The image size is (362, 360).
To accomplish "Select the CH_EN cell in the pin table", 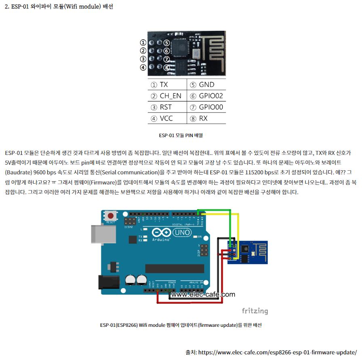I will point(167,96).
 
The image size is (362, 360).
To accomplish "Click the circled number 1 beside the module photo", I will point(143,42).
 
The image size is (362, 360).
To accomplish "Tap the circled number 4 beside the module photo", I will point(143,68).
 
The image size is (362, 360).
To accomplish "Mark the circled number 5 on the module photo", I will point(166,43).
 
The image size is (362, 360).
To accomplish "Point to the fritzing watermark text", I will point(255,311).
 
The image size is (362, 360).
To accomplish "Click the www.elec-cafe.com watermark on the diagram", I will point(203,294).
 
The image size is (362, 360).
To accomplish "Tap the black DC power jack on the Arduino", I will point(109,282).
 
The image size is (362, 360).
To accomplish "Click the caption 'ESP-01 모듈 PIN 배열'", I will point(181,136).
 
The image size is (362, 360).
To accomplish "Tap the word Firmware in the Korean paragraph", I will point(96,181).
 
